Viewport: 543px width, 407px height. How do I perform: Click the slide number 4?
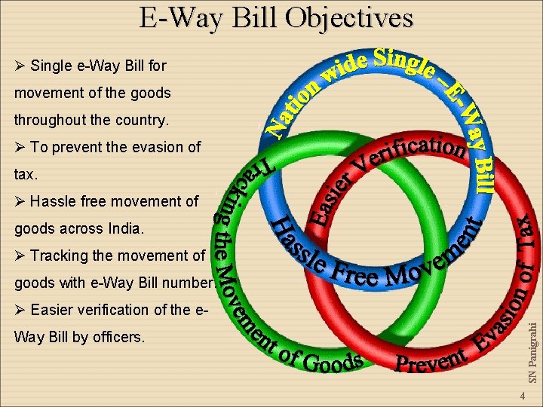520,396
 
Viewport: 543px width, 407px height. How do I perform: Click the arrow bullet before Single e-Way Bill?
20,66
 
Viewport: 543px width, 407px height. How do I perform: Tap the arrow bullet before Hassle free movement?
20,201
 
